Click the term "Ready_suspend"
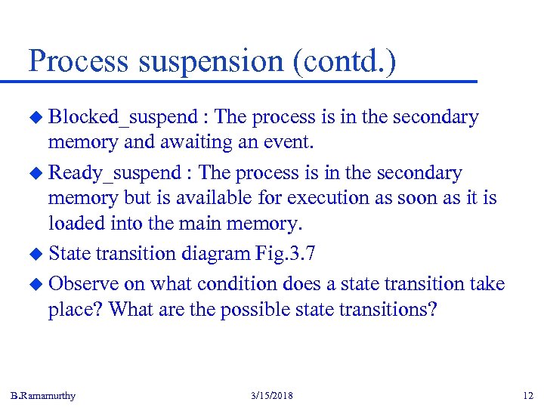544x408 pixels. tap(113, 173)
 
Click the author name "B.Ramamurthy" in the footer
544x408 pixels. tap(43, 395)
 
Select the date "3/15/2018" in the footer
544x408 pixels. tap(271, 395)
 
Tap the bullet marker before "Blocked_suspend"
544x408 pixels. tap(35, 118)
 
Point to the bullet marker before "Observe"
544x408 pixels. tap(35, 284)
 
